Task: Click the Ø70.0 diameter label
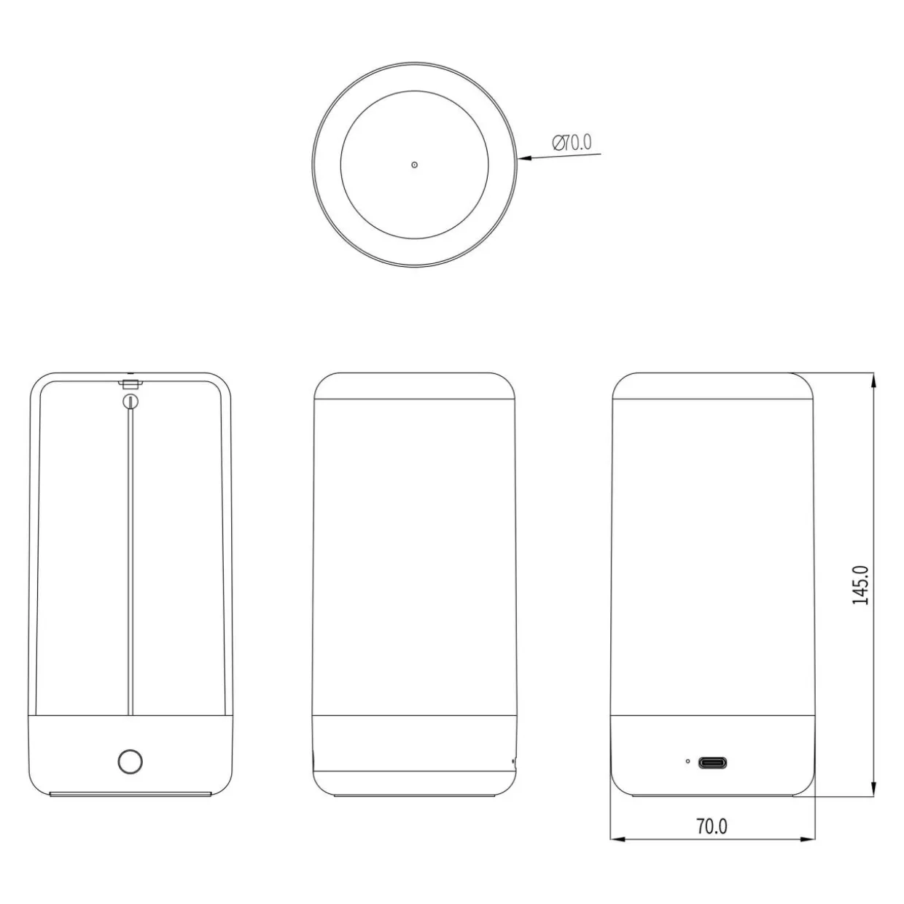572,143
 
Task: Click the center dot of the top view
414,165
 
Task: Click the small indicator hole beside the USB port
687,761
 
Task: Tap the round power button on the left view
130,761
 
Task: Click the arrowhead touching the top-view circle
525,157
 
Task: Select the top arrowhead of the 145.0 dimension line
873,380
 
